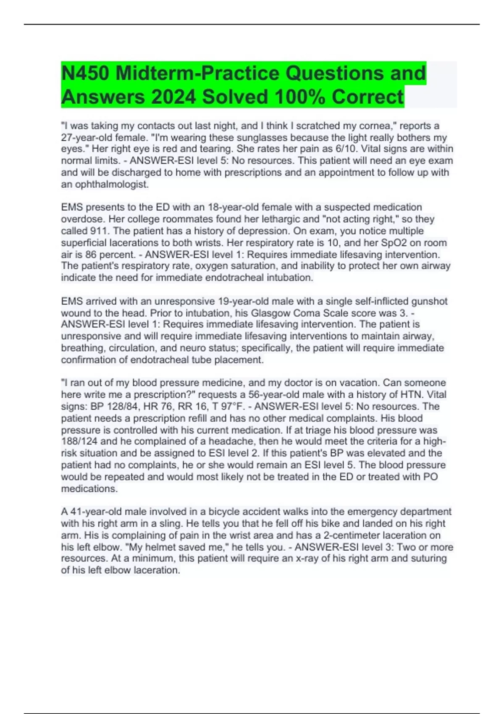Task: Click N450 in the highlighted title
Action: tap(85, 73)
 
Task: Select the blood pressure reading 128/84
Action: tap(118, 406)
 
